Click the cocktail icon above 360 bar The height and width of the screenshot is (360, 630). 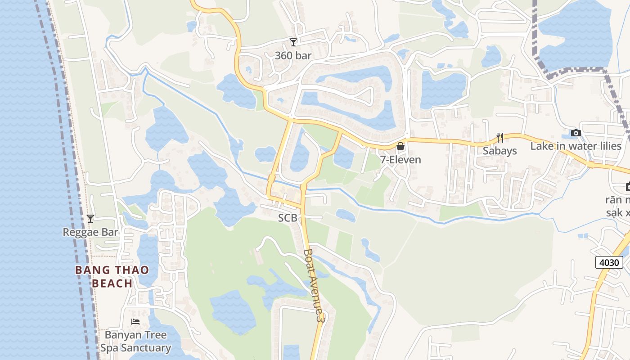[x=293, y=42]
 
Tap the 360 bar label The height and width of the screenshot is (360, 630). [x=293, y=56]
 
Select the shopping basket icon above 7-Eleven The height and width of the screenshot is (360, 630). [x=400, y=146]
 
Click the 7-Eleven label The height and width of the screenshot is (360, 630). [x=400, y=160]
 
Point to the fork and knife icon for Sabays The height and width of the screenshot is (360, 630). [x=499, y=137]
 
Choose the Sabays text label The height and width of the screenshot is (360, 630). [x=499, y=151]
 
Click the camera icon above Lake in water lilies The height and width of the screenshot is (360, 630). [x=576, y=133]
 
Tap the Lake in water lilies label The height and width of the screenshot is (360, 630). [x=576, y=146]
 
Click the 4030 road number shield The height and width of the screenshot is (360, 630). [x=609, y=262]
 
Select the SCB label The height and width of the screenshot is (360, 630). [x=288, y=218]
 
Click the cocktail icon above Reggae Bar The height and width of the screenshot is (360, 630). [x=90, y=219]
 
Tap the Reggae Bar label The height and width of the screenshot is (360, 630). [x=90, y=232]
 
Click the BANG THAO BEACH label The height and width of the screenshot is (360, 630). [x=112, y=277]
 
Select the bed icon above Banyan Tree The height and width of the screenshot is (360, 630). [x=135, y=321]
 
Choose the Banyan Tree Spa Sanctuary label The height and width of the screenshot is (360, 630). [x=135, y=342]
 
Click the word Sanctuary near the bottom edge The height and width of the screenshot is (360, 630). [x=148, y=348]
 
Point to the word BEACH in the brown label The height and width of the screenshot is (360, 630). [x=112, y=283]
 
